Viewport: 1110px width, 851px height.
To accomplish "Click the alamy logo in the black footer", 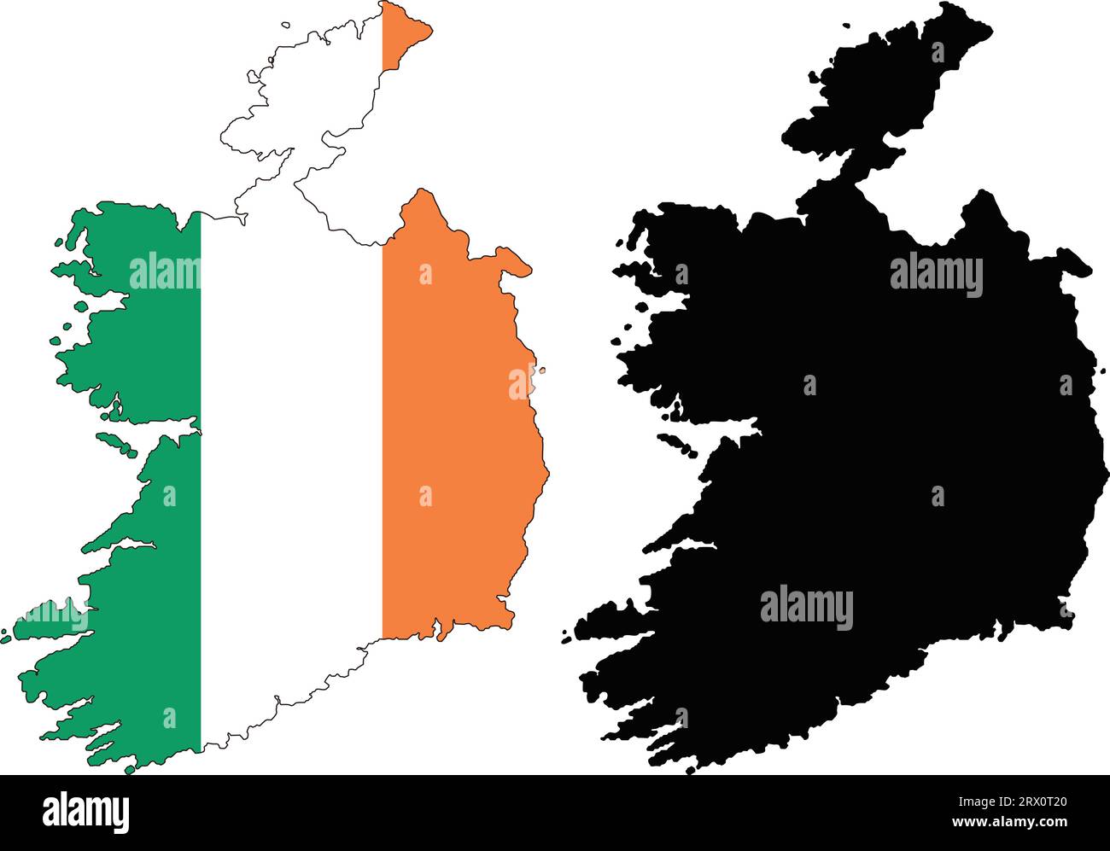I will (x=85, y=813).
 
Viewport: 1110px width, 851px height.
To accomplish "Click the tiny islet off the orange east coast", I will (x=541, y=370).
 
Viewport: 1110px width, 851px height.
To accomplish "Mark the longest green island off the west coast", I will (x=116, y=442).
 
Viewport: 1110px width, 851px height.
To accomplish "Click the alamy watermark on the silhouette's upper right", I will (x=936, y=275).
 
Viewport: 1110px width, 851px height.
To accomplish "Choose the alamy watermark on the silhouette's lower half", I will (x=806, y=608).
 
